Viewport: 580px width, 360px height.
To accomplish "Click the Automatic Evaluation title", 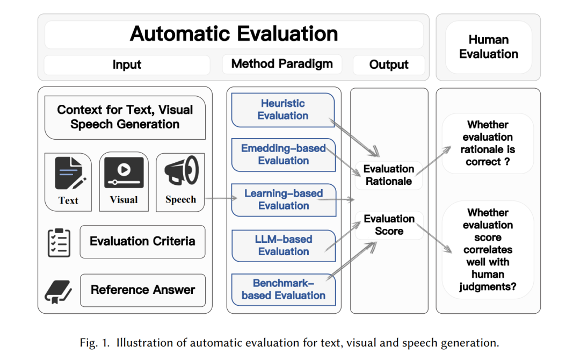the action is tap(234, 34).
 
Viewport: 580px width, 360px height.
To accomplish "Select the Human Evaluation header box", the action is tap(488, 47).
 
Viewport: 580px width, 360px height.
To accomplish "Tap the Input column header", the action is tap(127, 65).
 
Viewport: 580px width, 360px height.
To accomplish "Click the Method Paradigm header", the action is tap(282, 64).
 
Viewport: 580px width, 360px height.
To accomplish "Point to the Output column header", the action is tap(389, 65).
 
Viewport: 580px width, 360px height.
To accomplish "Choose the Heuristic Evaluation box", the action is tap(283, 110).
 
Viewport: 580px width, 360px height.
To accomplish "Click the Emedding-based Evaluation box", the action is tap(284, 155).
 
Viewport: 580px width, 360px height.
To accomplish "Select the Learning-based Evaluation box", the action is tap(284, 200).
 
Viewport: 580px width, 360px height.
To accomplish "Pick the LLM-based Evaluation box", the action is tap(284, 246).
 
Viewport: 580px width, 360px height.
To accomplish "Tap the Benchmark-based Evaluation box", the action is tap(284, 290).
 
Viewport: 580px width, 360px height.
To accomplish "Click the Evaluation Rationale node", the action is tap(389, 175).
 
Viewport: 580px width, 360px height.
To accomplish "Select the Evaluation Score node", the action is tap(389, 225).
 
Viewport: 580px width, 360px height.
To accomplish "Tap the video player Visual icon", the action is tap(124, 172).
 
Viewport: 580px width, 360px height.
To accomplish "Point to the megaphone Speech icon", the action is tap(182, 170).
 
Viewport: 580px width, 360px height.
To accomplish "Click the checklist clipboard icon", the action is tap(59, 243).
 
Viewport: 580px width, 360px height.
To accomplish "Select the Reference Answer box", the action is tap(143, 290).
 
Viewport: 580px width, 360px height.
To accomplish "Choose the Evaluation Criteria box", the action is tap(142, 242).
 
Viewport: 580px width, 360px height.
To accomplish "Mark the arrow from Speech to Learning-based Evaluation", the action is tap(221, 198).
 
